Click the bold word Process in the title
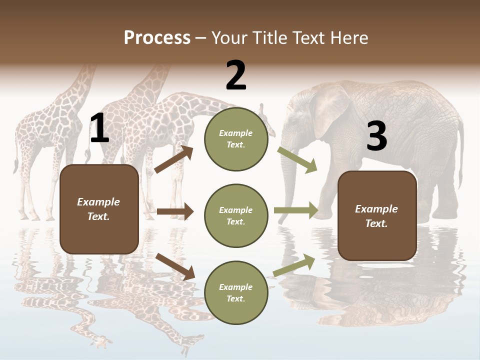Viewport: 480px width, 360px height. click(x=157, y=38)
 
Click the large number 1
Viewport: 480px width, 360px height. click(x=99, y=128)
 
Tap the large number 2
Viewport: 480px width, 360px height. click(x=236, y=75)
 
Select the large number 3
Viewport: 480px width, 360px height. click(x=376, y=136)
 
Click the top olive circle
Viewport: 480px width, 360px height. click(x=236, y=139)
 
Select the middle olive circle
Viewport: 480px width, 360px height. click(x=236, y=216)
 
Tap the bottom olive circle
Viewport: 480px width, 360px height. click(x=236, y=293)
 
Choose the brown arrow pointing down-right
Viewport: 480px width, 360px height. click(x=175, y=266)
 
